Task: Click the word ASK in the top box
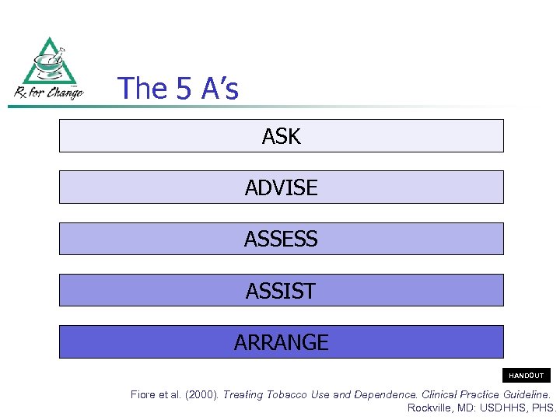(x=281, y=137)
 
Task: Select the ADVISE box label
(x=281, y=188)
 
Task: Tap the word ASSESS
(x=281, y=240)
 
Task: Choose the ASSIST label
(x=281, y=291)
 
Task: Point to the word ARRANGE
(x=281, y=342)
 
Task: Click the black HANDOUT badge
(x=527, y=376)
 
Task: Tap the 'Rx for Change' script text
(x=49, y=93)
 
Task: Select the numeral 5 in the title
(x=184, y=89)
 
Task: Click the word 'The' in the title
(x=142, y=89)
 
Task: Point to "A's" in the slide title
(x=219, y=89)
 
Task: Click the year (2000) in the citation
(x=202, y=395)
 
